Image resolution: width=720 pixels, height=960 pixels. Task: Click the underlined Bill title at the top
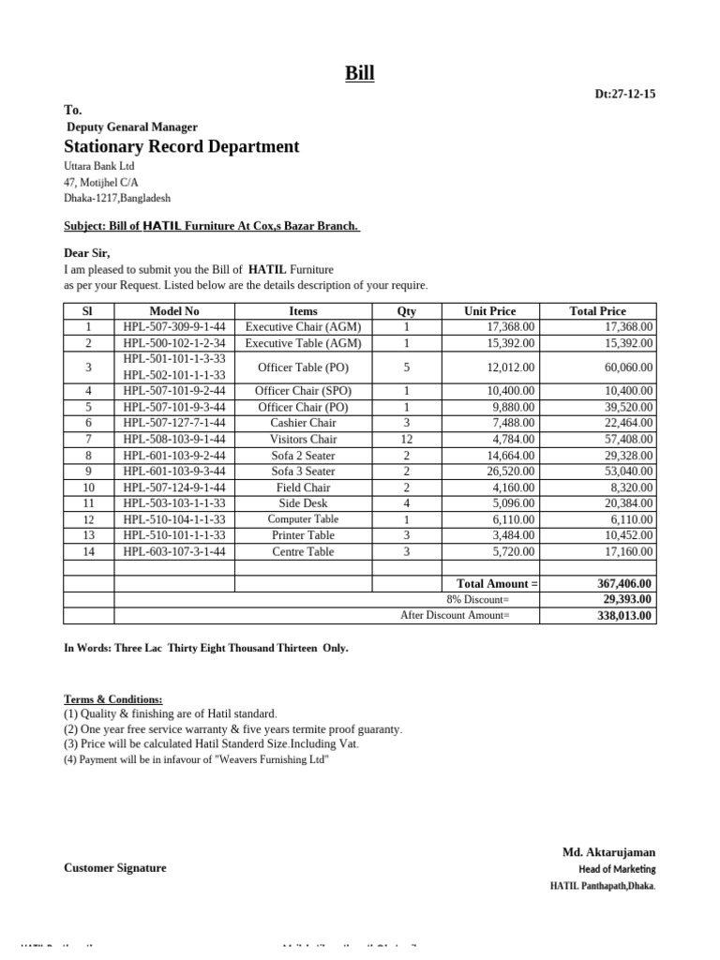(x=359, y=73)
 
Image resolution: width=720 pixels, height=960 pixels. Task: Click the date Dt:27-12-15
(x=625, y=94)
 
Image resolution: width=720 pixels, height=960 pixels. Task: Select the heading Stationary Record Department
(x=182, y=146)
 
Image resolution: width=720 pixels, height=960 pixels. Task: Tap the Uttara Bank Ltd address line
(x=99, y=166)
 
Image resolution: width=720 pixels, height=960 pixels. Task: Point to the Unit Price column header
(x=489, y=311)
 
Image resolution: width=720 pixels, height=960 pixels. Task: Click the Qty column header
(x=406, y=311)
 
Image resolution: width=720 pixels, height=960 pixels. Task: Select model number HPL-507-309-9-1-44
(x=174, y=327)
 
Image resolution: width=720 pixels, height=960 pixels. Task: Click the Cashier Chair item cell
(x=303, y=423)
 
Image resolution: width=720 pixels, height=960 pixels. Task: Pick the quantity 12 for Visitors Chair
(x=406, y=439)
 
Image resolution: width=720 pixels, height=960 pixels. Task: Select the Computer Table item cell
(x=303, y=519)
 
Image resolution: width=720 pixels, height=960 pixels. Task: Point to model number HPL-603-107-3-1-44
(x=174, y=552)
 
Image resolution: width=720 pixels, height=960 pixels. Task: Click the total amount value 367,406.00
(x=625, y=583)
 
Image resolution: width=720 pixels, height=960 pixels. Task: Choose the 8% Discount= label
(x=478, y=599)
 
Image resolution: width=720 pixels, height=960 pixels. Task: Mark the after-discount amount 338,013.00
(x=625, y=616)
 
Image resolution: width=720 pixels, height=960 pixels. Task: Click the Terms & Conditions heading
(x=112, y=699)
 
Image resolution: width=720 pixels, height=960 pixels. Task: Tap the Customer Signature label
(x=114, y=868)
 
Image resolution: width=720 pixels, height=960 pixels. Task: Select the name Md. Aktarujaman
(x=608, y=852)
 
